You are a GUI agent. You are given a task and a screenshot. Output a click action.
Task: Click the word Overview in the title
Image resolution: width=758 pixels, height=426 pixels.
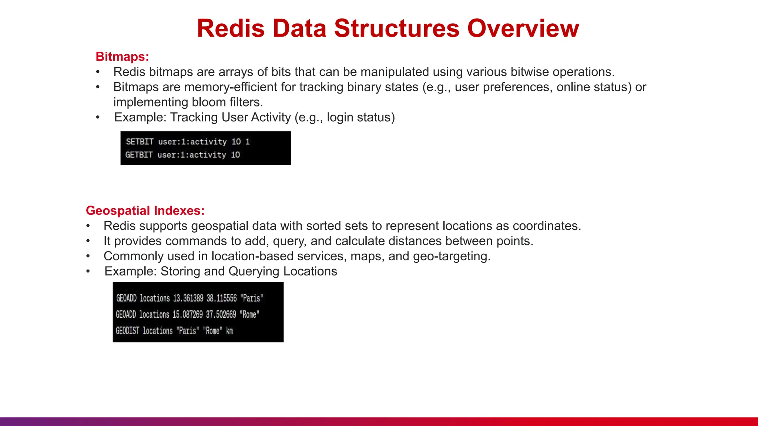point(523,28)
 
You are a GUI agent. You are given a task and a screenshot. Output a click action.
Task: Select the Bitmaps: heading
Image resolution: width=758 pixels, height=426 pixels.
point(122,57)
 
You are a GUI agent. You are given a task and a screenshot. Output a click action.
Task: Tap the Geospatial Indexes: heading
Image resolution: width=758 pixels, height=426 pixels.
point(145,211)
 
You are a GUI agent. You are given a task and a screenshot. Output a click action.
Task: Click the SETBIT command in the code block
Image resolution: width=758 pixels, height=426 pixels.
point(140,142)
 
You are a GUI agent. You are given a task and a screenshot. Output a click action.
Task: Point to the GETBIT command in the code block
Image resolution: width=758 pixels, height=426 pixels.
point(139,155)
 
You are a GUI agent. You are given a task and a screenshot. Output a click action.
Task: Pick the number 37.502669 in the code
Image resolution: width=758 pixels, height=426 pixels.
point(221,315)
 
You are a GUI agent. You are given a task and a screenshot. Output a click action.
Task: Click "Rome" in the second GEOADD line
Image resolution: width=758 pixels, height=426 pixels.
point(249,315)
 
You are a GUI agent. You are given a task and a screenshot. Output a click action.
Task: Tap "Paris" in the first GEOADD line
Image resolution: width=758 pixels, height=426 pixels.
point(252,298)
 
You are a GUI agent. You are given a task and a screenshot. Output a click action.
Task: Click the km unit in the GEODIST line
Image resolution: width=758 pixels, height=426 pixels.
point(229,331)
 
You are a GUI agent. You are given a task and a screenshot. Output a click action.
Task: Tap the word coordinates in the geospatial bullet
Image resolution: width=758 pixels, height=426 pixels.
point(546,226)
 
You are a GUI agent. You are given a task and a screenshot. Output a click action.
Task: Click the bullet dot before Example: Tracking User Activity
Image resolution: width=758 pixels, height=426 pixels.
point(98,118)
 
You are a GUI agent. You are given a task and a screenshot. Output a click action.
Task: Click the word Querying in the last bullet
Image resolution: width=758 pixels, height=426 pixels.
point(254,271)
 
